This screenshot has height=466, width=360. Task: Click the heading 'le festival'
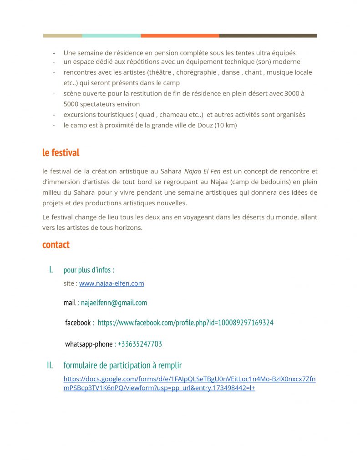[61, 153]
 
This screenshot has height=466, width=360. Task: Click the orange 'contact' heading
[56, 245]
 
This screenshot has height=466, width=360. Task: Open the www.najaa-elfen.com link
[112, 284]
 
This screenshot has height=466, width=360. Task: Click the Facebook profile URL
[185, 323]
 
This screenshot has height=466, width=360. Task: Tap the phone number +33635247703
[140, 344]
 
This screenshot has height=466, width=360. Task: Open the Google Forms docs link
[189, 384]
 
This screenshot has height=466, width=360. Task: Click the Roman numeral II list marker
[50, 365]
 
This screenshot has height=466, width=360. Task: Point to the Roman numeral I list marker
[51, 270]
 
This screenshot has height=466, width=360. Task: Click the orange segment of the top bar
[180, 35]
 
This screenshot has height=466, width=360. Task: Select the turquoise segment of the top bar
[111, 35]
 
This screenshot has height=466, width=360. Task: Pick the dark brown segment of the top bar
[268, 35]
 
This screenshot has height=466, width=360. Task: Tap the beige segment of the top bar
[62, 35]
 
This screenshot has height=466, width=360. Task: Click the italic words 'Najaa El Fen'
[202, 172]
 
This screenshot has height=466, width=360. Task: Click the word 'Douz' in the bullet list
[204, 125]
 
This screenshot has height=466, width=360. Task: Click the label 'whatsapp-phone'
[89, 344]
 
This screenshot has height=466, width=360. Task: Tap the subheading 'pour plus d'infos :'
[89, 270]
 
